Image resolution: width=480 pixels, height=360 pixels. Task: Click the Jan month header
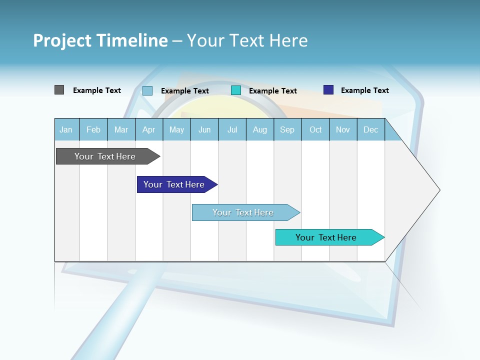(66, 129)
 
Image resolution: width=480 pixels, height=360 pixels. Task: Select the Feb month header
(93, 129)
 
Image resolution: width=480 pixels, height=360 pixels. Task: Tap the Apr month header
(148, 129)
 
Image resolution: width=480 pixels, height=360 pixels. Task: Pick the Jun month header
(204, 129)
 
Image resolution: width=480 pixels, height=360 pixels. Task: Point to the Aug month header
(259, 129)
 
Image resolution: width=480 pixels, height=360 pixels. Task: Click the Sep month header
(287, 129)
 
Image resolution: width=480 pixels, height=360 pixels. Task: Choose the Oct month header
(315, 129)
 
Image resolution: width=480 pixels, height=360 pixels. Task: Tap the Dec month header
(370, 129)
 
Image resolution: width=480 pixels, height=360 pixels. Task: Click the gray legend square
(59, 90)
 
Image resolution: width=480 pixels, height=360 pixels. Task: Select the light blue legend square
(147, 90)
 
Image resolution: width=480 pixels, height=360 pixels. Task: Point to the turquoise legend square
(236, 90)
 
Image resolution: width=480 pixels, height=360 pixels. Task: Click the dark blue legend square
(328, 90)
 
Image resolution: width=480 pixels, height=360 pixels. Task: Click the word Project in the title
(62, 40)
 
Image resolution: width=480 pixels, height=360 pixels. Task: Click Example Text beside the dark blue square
(364, 90)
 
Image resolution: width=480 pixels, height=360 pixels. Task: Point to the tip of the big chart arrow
(439, 190)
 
